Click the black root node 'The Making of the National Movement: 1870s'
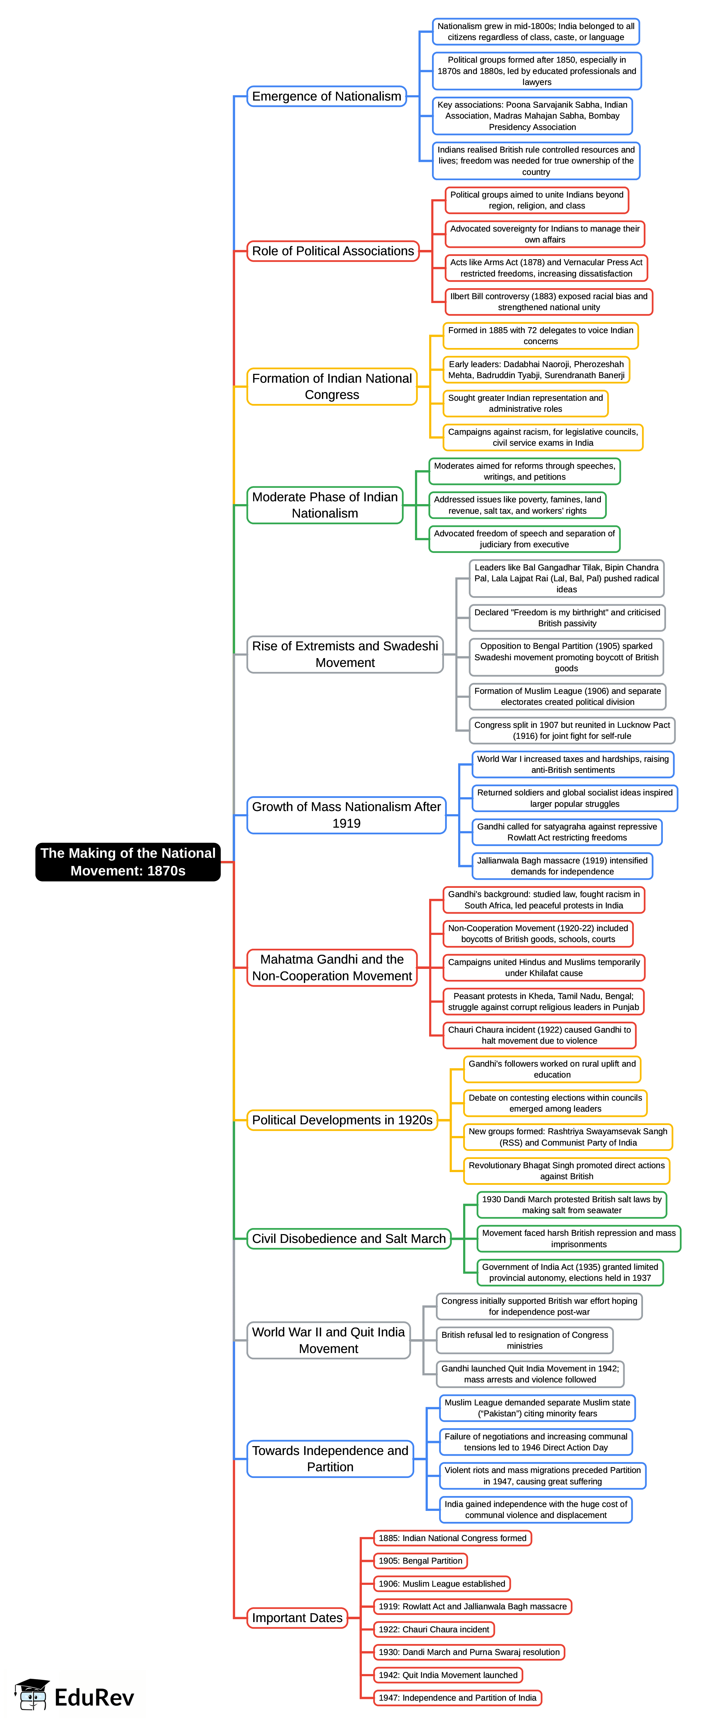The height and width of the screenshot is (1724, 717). coord(128,861)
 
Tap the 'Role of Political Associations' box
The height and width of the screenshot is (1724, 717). coord(333,251)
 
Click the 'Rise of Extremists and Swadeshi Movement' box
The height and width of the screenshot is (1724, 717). coord(345,654)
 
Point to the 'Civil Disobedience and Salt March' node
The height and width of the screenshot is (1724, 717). coord(348,1238)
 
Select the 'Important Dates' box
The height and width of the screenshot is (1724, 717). coord(297,1617)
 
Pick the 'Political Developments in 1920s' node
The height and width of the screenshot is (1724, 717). coord(342,1120)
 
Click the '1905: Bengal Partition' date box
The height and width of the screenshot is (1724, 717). coord(420,1561)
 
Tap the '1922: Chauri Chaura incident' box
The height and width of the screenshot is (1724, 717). coord(434,1629)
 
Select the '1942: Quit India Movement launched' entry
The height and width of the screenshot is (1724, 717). coord(448,1674)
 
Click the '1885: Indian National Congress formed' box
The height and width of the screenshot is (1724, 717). coord(453,1538)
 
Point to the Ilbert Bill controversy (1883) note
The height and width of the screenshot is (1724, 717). coord(548,302)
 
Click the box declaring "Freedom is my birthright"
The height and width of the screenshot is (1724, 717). coord(567,617)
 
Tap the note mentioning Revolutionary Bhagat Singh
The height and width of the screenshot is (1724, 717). coord(567,1171)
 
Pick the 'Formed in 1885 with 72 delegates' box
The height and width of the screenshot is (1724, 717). coord(540,335)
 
